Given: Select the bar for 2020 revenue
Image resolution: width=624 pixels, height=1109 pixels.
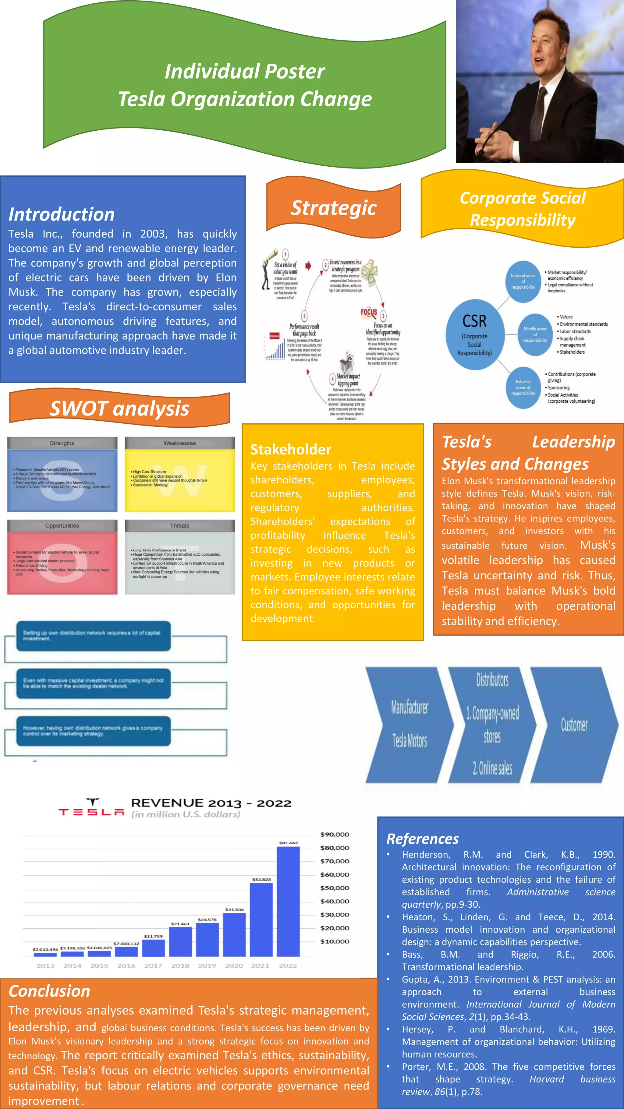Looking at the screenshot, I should coord(234,934).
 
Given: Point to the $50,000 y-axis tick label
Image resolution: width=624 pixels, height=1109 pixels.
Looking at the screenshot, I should coord(334,888).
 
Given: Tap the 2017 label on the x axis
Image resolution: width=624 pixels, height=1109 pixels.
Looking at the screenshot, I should coord(153,966).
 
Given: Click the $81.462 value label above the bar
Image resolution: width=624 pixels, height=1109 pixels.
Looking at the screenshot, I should coord(288,843).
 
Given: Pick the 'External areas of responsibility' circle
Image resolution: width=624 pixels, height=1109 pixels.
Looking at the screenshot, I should coord(523,387).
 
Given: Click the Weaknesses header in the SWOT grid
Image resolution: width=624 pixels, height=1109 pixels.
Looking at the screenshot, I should coord(179,443).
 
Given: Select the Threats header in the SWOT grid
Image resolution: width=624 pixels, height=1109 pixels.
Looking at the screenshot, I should coord(179,526).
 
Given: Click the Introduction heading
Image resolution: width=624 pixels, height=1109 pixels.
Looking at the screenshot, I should coord(62,214).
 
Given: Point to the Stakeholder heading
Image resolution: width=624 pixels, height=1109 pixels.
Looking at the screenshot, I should coord(291,450).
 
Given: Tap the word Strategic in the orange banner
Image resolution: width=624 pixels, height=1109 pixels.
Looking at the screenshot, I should coord(334,208).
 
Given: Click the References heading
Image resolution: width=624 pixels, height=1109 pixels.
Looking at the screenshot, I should coord(423,839).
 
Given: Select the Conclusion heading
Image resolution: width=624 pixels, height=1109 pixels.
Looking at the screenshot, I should coord(50,991).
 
